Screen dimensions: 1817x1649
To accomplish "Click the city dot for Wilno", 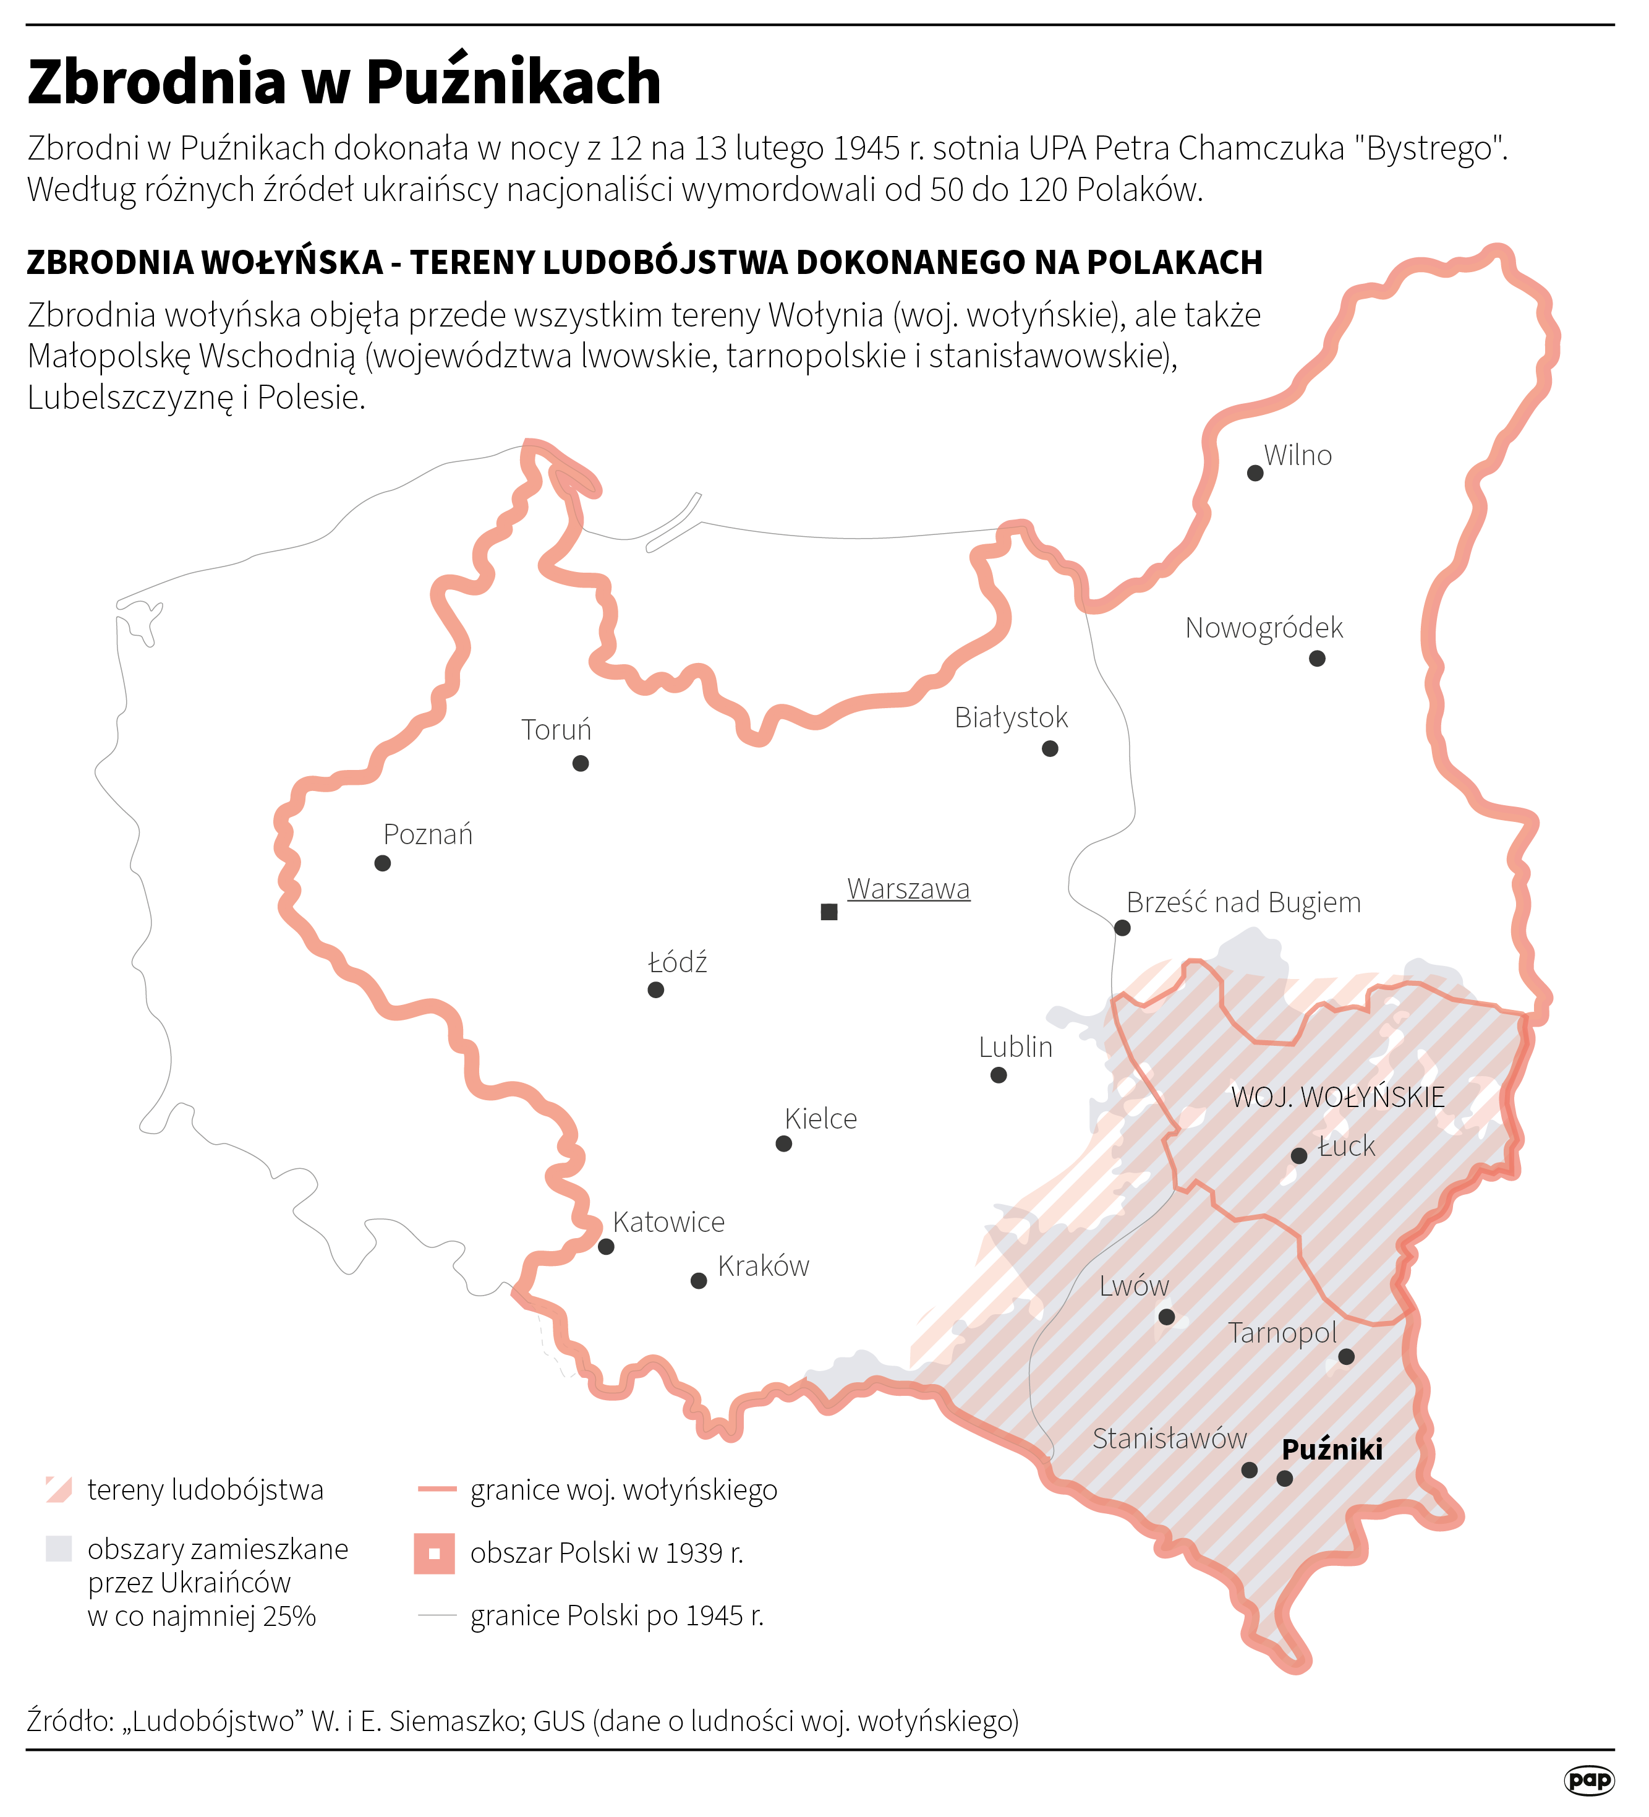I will [1255, 473].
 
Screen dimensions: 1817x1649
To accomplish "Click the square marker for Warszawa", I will [829, 912].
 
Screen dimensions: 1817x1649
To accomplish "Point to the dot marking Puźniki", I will [1285, 1478].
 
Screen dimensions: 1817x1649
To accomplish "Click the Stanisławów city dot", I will [1249, 1470].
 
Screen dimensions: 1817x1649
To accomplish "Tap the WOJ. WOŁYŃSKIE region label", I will [1337, 1097].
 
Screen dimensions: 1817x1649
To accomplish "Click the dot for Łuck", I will [1298, 1155].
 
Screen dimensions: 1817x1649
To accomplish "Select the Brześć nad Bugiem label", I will [1243, 902].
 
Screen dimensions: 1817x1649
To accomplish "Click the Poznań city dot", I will [382, 863].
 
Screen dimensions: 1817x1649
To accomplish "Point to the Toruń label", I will [556, 730].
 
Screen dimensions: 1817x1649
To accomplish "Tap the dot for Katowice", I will [607, 1247].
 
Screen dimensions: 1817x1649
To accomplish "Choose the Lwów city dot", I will [1166, 1317].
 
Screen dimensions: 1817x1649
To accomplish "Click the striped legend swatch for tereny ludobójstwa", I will [59, 1490].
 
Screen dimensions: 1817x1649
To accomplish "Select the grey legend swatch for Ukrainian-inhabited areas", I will [59, 1549].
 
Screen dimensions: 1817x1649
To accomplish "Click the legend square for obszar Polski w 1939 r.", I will [434, 1553].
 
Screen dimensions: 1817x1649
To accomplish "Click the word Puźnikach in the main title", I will [514, 82].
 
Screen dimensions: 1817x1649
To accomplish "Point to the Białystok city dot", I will [1050, 748].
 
